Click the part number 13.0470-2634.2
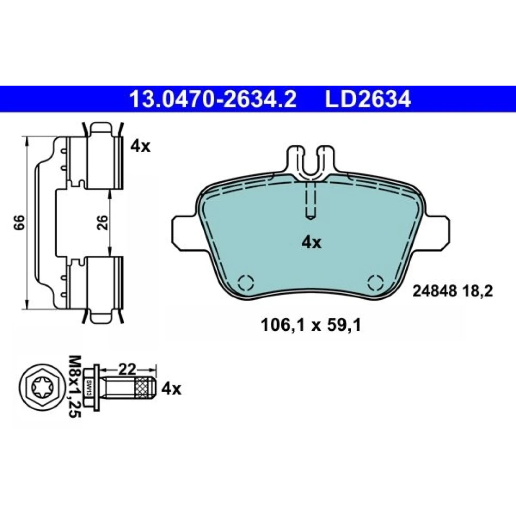(x=213, y=99)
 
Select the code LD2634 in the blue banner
(x=368, y=99)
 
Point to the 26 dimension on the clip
(x=103, y=222)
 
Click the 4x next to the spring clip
(x=140, y=146)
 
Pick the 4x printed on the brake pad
(x=312, y=243)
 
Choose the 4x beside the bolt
(x=171, y=389)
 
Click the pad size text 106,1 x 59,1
(x=311, y=326)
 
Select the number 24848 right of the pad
(x=434, y=291)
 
